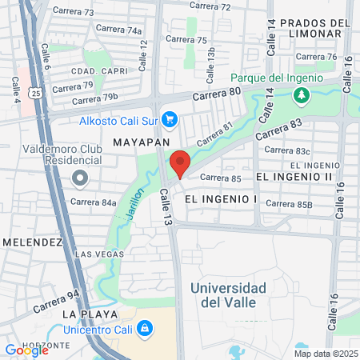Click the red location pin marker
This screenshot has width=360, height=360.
tap(180, 162)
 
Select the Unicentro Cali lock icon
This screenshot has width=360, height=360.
tap(144, 327)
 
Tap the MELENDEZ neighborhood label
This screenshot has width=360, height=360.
tap(32, 241)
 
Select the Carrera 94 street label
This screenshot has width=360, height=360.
tap(57, 301)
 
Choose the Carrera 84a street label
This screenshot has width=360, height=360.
tap(94, 202)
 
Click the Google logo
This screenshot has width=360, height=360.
tap(26, 350)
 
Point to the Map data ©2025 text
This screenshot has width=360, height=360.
tap(325, 354)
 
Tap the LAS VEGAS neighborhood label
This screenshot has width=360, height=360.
tap(94, 254)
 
